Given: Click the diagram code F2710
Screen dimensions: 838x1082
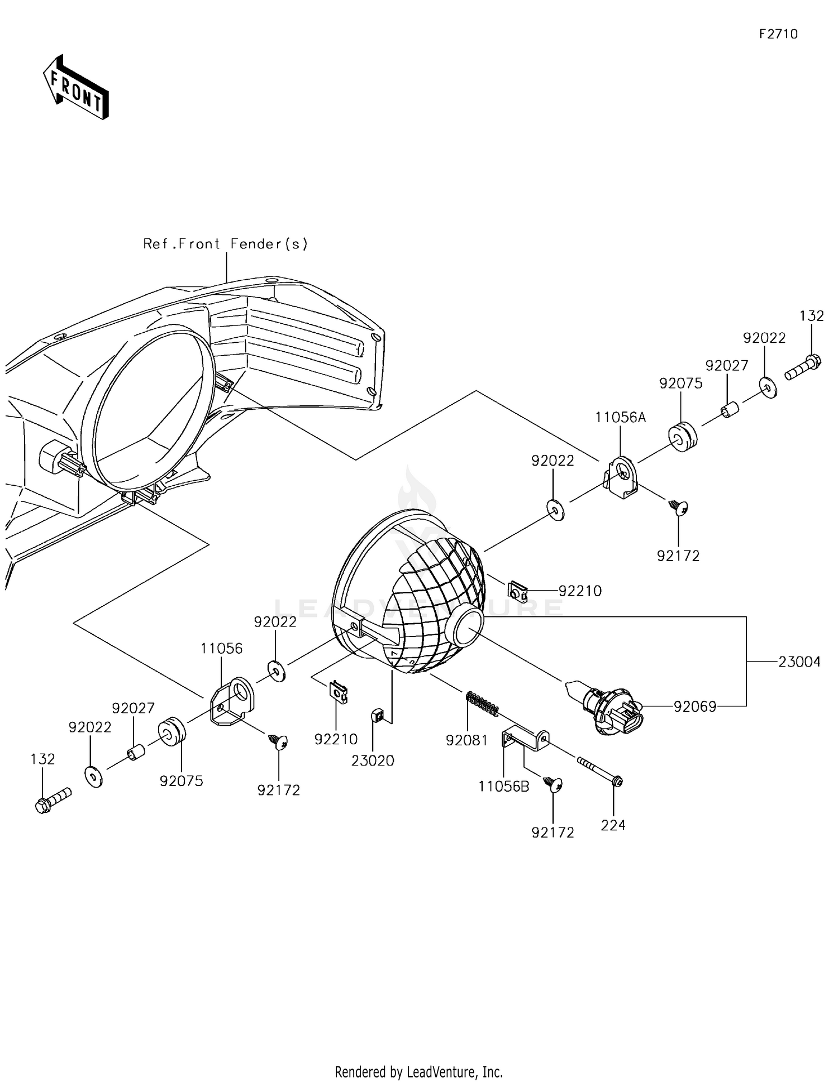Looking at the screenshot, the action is coord(778,34).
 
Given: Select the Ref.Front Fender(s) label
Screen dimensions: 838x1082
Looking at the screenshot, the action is coord(226,244).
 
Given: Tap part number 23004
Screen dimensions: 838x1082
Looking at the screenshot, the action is coord(799,662).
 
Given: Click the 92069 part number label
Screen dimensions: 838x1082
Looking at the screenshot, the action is coord(695,707).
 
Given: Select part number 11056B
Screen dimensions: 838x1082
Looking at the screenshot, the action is coord(504,787).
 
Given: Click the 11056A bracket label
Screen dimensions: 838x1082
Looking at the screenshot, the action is coord(621,417).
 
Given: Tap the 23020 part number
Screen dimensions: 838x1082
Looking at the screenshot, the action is coord(373,760).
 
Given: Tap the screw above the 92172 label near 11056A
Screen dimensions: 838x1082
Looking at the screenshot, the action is coord(678,507).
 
